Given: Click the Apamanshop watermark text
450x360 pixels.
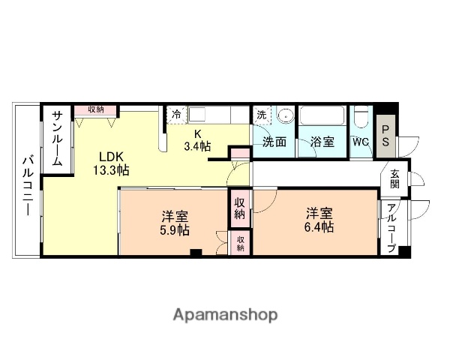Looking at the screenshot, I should (225, 314).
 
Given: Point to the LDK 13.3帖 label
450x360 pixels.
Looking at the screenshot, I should (110, 163).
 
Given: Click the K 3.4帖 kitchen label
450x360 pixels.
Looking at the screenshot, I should (199, 140).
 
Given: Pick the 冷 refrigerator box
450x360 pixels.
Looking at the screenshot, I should (176, 115).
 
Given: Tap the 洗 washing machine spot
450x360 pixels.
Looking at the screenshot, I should (261, 115).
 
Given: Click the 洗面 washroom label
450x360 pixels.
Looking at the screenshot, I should (274, 142).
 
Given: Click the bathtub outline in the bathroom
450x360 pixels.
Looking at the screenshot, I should (322, 118).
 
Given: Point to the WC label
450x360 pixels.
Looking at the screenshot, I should (360, 142).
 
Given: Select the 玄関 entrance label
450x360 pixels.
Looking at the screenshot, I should (394, 181).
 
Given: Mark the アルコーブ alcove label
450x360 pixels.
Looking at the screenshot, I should (391, 229).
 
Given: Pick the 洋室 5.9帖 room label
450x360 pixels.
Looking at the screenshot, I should (174, 223).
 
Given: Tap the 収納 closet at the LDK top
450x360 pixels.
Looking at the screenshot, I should (95, 110).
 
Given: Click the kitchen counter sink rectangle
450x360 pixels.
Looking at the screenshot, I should (201, 115).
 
